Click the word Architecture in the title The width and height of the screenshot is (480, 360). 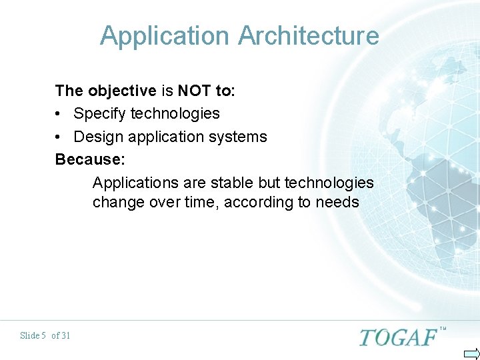(308, 35)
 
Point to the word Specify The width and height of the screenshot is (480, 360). (100, 113)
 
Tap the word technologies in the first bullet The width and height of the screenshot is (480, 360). (175, 113)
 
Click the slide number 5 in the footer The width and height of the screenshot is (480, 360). (43, 335)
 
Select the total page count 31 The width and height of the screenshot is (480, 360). (65, 335)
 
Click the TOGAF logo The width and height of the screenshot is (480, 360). (398, 337)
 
